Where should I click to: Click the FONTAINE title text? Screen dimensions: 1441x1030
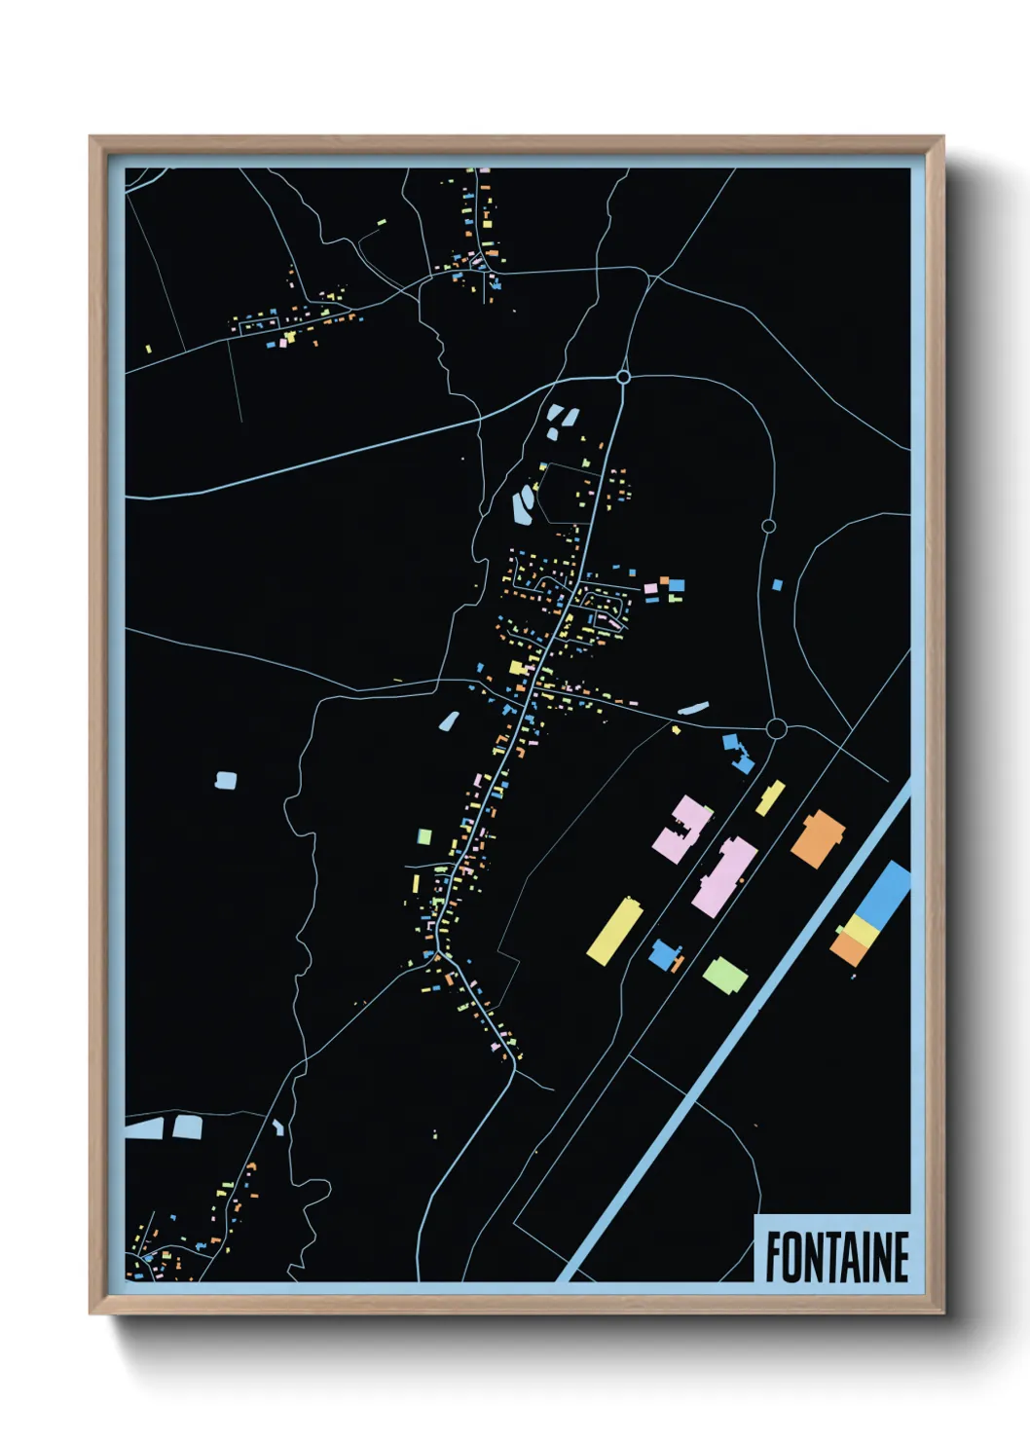[836, 1257]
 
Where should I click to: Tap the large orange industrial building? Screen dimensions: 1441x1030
[818, 838]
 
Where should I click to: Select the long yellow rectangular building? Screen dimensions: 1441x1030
[615, 932]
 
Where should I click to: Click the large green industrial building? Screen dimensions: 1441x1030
[724, 975]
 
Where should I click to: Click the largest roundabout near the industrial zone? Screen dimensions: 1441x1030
[776, 728]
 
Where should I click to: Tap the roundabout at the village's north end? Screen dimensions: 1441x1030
[623, 377]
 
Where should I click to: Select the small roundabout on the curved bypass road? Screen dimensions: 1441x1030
[768, 526]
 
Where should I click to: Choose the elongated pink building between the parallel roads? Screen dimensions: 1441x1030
[724, 876]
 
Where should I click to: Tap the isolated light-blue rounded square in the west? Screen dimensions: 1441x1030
[226, 780]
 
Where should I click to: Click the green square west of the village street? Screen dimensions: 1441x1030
[424, 836]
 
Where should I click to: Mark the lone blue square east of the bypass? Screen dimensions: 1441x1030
[777, 585]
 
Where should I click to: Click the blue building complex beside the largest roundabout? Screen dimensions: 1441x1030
[739, 754]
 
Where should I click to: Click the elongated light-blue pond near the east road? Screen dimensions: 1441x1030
[693, 709]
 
